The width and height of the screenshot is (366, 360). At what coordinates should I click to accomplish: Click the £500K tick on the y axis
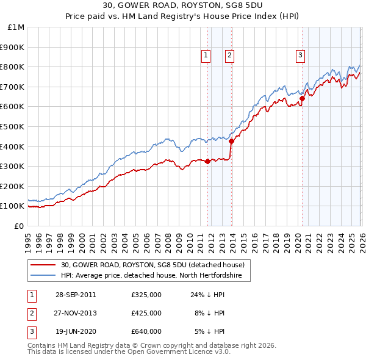click(x=12, y=126)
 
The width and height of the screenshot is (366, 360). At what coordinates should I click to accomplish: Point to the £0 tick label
click(x=18, y=226)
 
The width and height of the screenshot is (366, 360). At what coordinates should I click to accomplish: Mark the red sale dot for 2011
click(x=207, y=162)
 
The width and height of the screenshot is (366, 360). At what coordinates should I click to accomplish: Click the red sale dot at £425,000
click(x=231, y=141)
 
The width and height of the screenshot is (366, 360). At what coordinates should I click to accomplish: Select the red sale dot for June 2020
click(x=302, y=98)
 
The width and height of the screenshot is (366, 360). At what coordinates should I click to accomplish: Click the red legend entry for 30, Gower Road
click(x=152, y=265)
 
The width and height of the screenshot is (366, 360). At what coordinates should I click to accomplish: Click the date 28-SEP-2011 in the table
click(x=76, y=294)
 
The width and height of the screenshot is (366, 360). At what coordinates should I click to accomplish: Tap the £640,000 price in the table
click(x=146, y=331)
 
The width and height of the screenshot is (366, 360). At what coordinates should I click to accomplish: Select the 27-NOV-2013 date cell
click(x=76, y=313)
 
